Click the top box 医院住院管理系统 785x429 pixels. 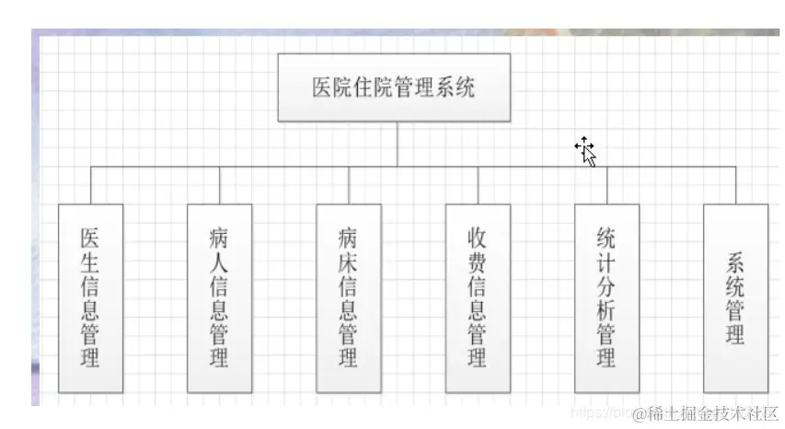coord(393,87)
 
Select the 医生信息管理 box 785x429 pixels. coord(90,298)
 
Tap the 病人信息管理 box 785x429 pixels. coord(219,298)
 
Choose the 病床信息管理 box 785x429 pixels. coord(349,298)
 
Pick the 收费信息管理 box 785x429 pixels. coord(478,298)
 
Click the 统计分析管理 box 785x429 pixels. coord(606,298)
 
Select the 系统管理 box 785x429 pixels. coord(735,298)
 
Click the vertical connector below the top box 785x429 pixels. coord(398,144)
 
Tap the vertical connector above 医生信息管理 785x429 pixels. coord(90,185)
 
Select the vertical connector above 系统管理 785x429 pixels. coord(735,185)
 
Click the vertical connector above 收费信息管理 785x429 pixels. coord(478,185)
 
